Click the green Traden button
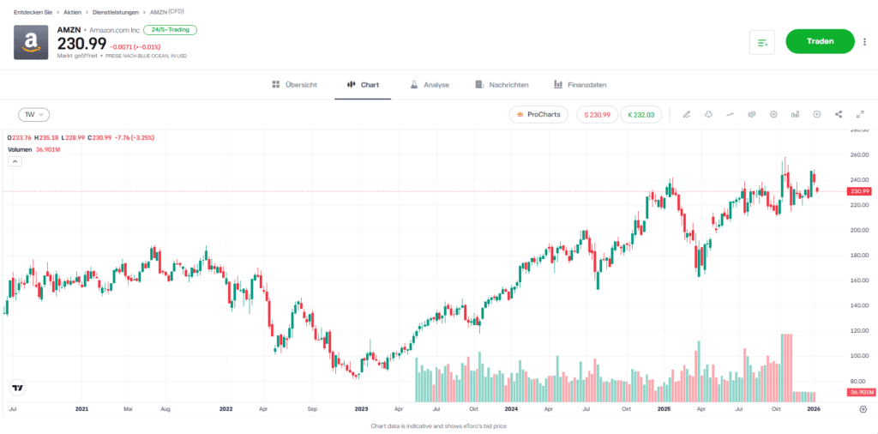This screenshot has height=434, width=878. pos(820,41)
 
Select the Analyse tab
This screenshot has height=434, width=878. pos(430,85)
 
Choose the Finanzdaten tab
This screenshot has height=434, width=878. pos(580,85)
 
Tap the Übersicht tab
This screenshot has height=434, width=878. pos(294,85)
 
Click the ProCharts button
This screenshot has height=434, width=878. pos(538,114)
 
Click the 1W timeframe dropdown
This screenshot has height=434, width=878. pos(34,114)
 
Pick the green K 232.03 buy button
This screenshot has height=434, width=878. pos(640,114)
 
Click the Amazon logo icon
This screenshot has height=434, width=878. pos(31,42)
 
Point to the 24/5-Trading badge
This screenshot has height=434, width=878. pos(170,30)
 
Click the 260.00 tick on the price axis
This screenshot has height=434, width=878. pos(858,155)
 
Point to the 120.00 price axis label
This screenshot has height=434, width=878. pos(858,330)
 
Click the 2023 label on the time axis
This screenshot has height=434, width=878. pos(361,410)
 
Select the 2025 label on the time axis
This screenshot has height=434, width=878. pos(662,410)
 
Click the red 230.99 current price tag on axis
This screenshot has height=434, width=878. pos(858,191)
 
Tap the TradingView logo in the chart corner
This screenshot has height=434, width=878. pos(15,388)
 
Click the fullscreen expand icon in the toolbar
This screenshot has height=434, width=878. pos(860,114)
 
